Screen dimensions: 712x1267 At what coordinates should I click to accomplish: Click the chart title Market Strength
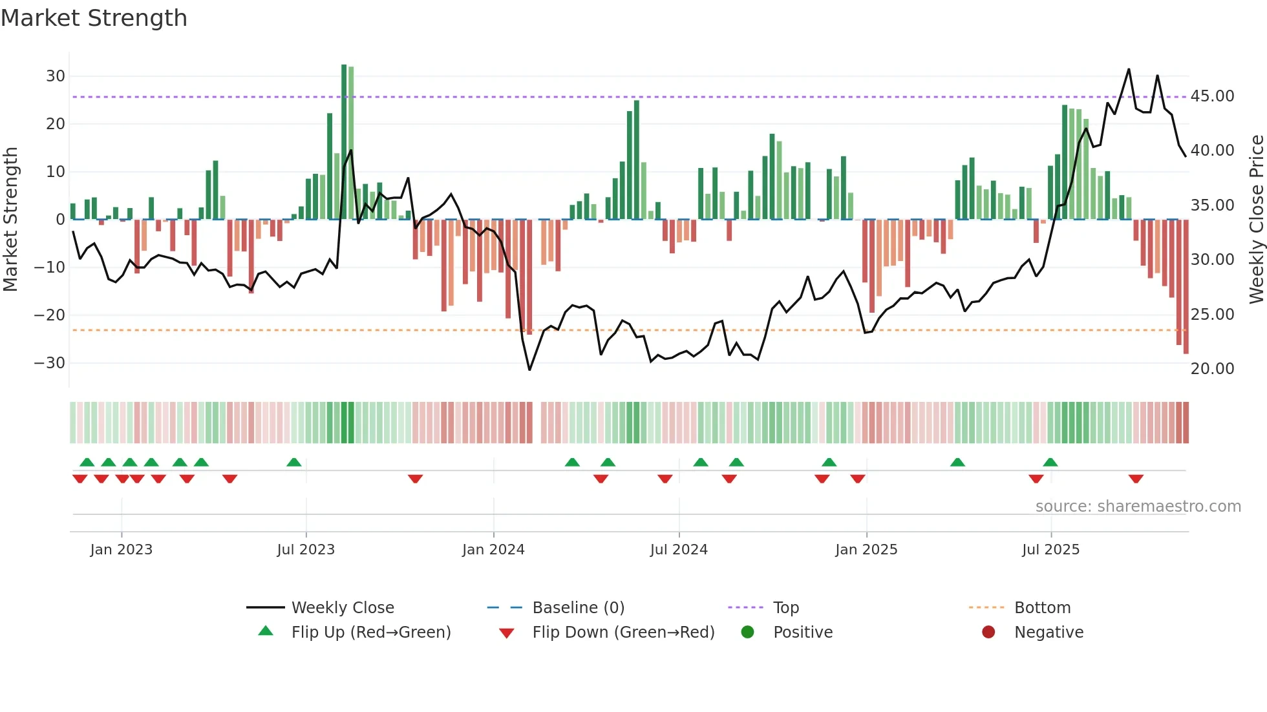pos(94,18)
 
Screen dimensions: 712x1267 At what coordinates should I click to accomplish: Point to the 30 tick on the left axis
pos(56,76)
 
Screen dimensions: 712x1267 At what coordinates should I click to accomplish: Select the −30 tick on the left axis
pos(50,363)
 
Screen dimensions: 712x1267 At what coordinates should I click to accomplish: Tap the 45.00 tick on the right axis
pos(1212,96)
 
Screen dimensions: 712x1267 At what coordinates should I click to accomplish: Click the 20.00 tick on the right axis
pos(1212,369)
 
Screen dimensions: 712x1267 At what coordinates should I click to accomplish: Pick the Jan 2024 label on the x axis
pos(493,550)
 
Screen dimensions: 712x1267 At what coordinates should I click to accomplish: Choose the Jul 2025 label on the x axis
pos(1050,550)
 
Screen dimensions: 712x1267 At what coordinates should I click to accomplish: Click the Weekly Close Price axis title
pos(1256,220)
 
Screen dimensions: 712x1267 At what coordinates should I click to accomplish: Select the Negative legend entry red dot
pos(988,633)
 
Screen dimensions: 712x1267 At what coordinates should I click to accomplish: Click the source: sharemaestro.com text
pos(1138,507)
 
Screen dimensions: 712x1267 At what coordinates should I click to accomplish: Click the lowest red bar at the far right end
pos(1186,291)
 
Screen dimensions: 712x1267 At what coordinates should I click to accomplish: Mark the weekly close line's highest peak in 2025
pos(1129,70)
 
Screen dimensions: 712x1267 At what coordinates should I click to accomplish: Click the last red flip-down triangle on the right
pos(1136,479)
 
